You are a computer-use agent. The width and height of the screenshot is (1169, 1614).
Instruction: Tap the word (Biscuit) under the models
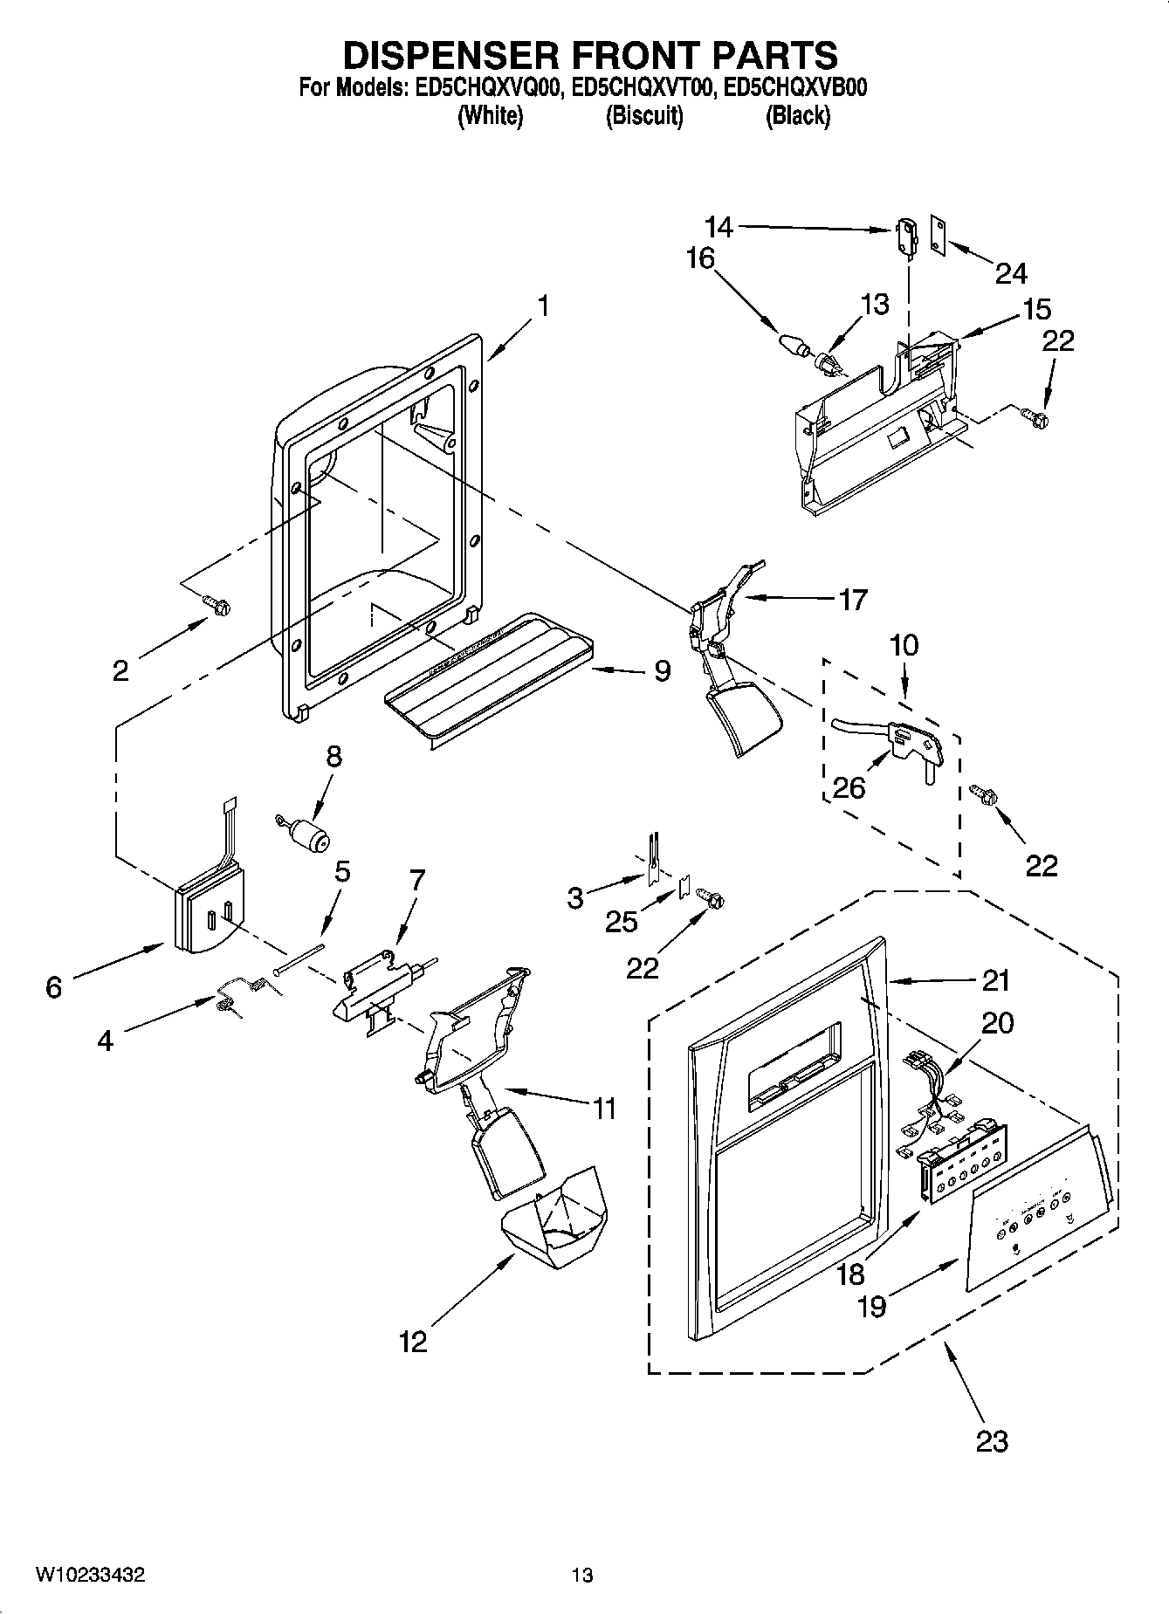click(644, 115)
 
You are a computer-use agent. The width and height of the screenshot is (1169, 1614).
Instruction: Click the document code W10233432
click(90, 1575)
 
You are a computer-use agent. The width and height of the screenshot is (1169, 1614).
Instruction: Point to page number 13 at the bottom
click(582, 1575)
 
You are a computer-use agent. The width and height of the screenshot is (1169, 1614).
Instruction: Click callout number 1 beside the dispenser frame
click(543, 306)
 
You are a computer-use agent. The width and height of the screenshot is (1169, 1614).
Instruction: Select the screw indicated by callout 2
click(215, 603)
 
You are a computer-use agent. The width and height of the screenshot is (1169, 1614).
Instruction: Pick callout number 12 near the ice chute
click(413, 1341)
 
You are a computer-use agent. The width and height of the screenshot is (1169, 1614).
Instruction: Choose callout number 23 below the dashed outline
click(992, 1441)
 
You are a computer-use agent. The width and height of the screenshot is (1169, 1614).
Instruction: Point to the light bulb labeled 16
click(793, 342)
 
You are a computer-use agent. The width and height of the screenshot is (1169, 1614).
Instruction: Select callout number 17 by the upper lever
click(852, 600)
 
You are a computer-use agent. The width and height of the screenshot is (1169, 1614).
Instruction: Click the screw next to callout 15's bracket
click(1037, 417)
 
